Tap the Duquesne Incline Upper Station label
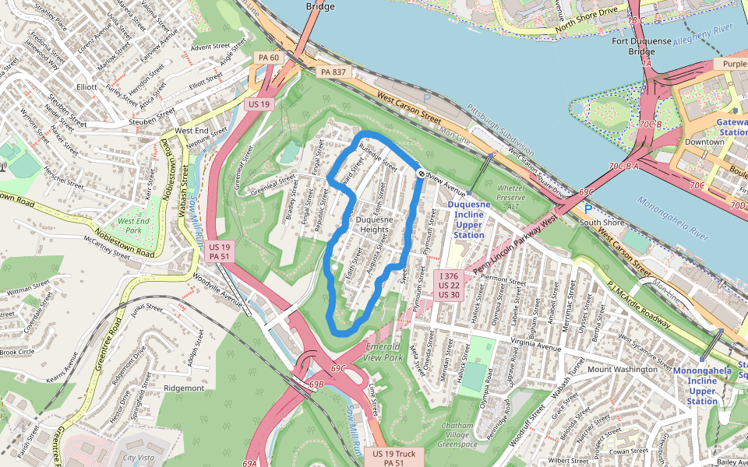pyautogui.click(x=469, y=220)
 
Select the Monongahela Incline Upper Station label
pyautogui.click(x=702, y=386)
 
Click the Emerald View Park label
pyautogui.click(x=383, y=351)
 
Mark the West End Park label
pyautogui.click(x=132, y=226)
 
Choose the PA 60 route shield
pyautogui.click(x=269, y=58)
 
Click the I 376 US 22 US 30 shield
pyautogui.click(x=449, y=285)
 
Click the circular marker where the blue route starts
pyautogui.click(x=421, y=174)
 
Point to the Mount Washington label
pyautogui.click(x=623, y=369)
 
